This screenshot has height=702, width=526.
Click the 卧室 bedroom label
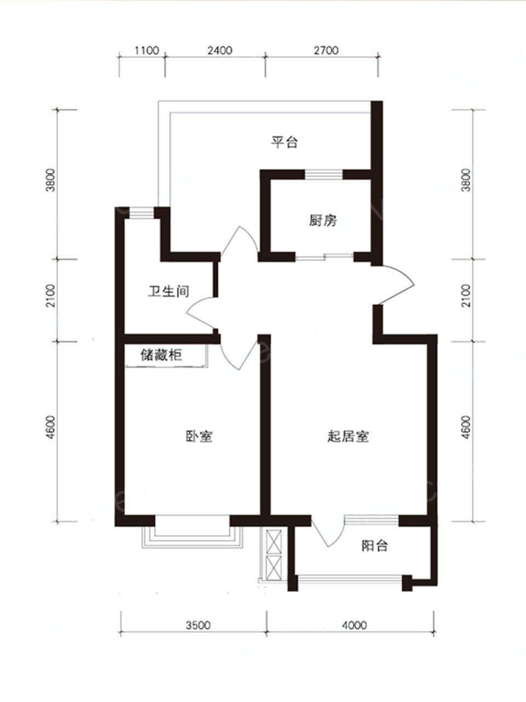click(199, 437)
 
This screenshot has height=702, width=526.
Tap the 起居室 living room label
click(348, 437)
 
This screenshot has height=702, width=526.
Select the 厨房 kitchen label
click(323, 220)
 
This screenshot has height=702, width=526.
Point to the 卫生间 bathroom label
click(168, 291)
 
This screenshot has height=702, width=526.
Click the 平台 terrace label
click(284, 142)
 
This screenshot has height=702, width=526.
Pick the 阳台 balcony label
click(375, 546)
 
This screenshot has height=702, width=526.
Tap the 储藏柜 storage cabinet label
click(161, 355)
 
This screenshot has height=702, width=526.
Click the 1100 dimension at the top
click(147, 50)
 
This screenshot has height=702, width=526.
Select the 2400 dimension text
click(220, 50)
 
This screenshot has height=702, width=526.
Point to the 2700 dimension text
click(326, 50)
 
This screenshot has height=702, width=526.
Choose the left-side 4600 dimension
click(51, 427)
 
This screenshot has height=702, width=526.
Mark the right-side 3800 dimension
click(467, 180)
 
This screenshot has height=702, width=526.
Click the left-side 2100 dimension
click(51, 296)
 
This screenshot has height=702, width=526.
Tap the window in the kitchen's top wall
click(323, 174)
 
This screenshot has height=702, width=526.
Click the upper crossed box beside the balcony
click(274, 542)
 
